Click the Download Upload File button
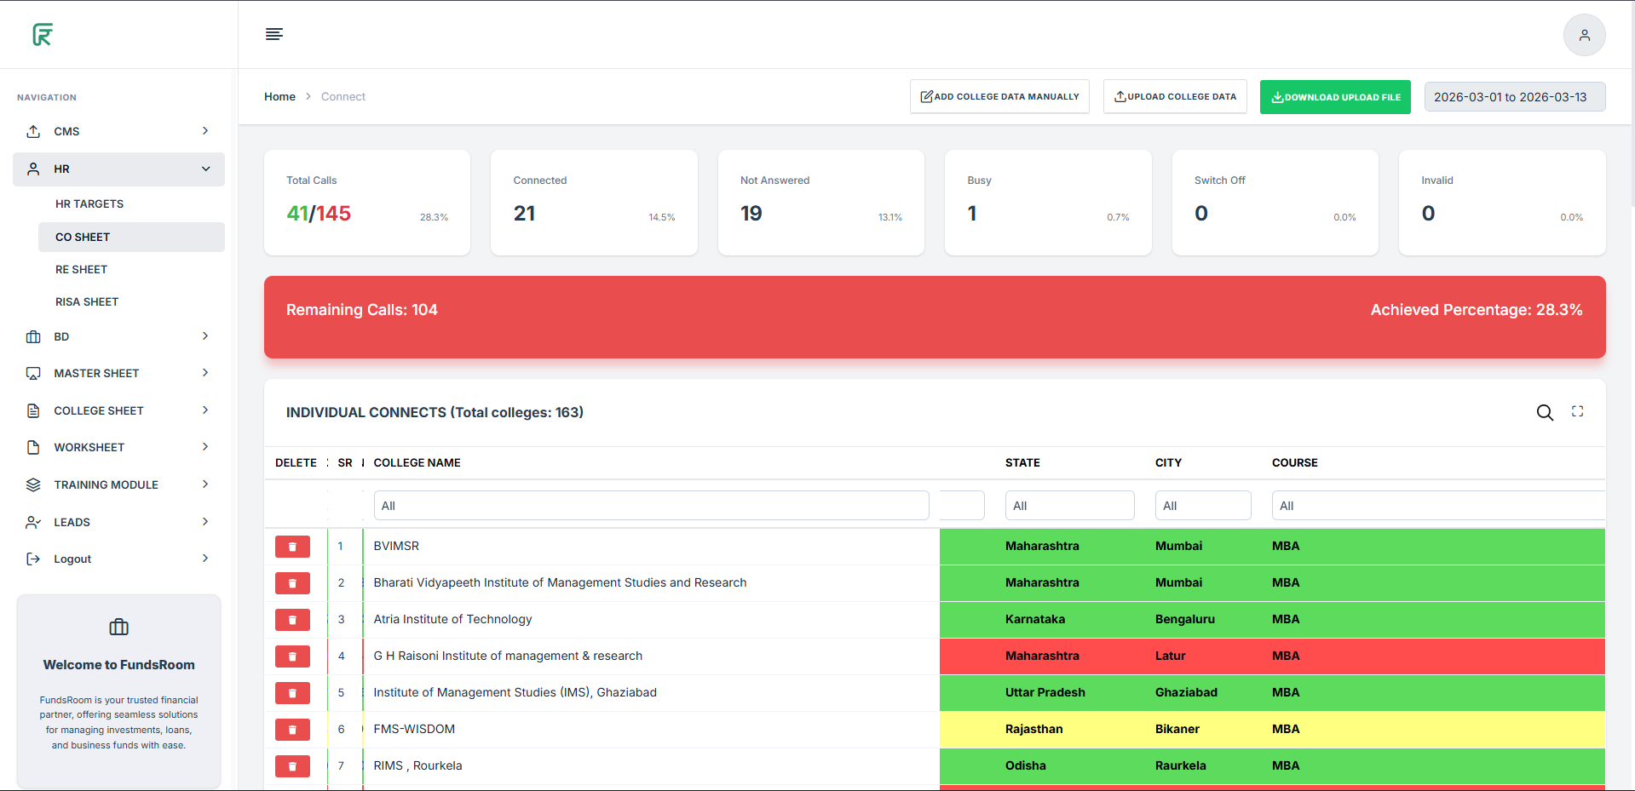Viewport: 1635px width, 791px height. [1335, 97]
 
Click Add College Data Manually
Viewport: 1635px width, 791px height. [999, 97]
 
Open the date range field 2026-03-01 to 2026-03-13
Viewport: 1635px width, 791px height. [1514, 97]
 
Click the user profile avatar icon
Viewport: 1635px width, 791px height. [1584, 35]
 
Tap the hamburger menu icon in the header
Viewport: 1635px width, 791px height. [274, 34]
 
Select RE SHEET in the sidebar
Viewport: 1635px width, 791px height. [82, 270]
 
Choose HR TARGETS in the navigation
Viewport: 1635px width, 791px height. [89, 204]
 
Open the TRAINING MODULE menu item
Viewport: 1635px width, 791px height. [107, 485]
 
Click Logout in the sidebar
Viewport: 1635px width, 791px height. [72, 559]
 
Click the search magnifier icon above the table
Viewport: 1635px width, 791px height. [1545, 413]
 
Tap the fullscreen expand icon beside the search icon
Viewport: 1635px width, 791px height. [1577, 412]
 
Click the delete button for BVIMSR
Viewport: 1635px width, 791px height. [292, 547]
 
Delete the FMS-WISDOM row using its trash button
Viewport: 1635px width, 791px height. [292, 730]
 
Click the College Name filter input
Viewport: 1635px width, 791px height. [651, 506]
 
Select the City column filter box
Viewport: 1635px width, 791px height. [1202, 506]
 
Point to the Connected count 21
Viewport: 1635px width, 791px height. [525, 214]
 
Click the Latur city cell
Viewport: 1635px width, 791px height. [1171, 656]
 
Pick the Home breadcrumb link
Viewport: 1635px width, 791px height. [279, 97]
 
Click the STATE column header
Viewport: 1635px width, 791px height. [1022, 463]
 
